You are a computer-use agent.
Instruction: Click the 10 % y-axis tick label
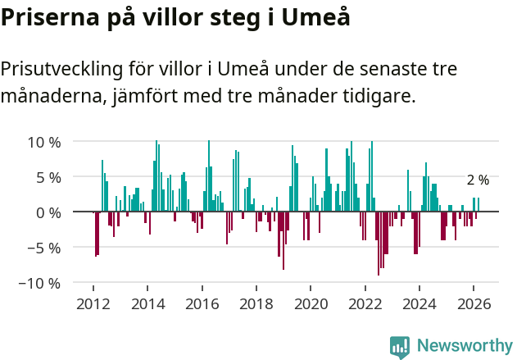(44, 142)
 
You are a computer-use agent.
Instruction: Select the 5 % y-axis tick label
(48, 177)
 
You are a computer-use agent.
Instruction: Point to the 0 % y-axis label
(48, 212)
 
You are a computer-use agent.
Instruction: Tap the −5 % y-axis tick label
(44, 248)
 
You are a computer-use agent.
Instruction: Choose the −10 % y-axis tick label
(40, 283)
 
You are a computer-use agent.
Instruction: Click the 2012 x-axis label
(93, 303)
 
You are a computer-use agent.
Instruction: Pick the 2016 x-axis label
(202, 303)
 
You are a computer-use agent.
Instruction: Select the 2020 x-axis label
(311, 303)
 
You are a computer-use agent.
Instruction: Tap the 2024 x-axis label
(419, 303)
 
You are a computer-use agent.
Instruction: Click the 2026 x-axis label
(474, 303)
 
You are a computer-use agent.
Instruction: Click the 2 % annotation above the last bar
(478, 180)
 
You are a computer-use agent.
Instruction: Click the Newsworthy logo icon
(400, 346)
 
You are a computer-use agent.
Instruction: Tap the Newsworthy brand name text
(464, 346)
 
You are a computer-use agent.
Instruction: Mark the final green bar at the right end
(478, 205)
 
